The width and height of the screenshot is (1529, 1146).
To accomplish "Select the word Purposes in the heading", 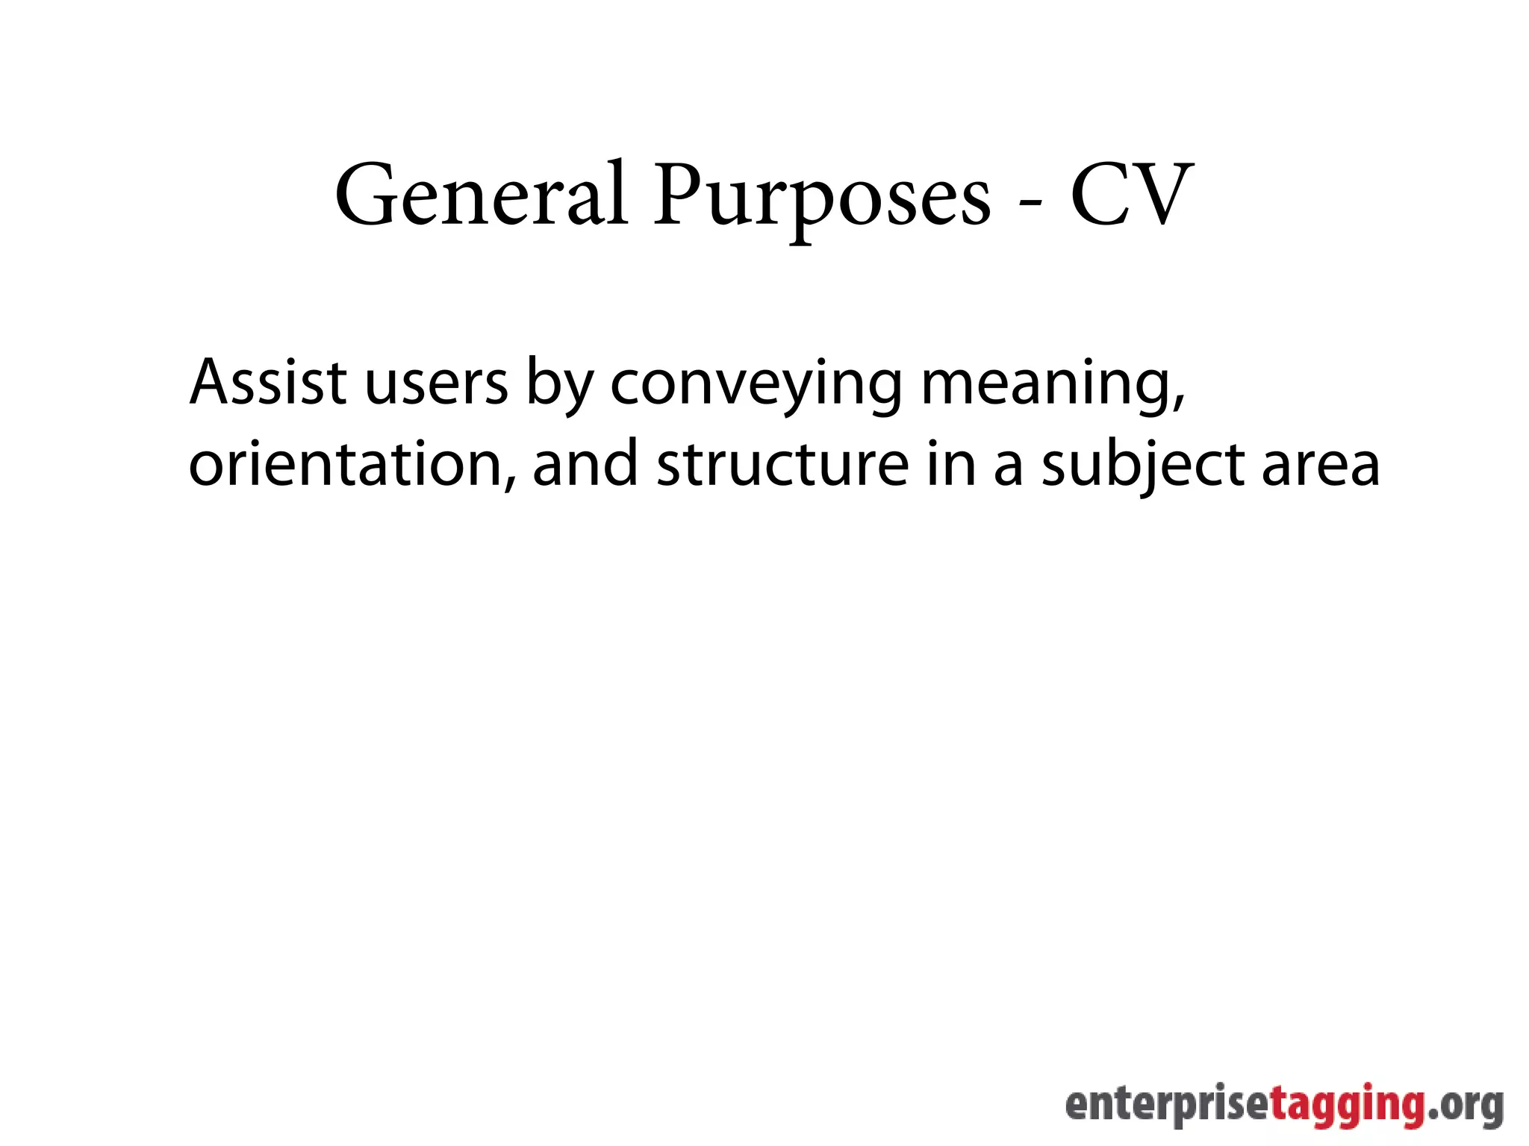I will click(821, 198).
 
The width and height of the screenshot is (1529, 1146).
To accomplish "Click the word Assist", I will click(268, 382).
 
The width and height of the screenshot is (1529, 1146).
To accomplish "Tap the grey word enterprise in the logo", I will click(1168, 1107).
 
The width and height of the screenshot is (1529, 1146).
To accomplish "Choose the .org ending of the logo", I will click(1466, 1107).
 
